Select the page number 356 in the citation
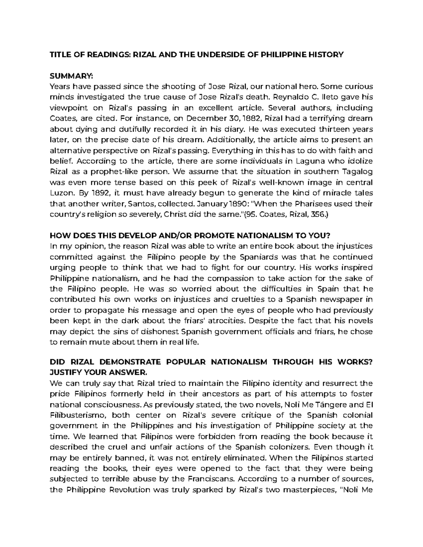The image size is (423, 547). pyautogui.click(x=314, y=215)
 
